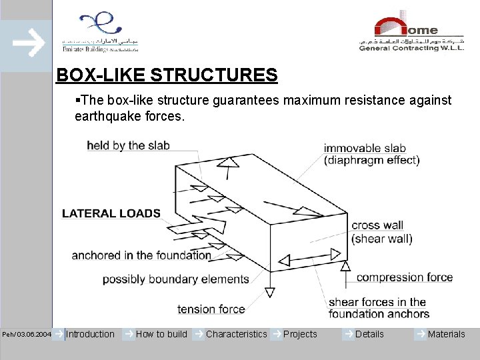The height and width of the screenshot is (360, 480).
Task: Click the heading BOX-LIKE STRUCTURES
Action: (x=167, y=75)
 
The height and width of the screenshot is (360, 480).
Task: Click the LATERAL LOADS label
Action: (x=111, y=213)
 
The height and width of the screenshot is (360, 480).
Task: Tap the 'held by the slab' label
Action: (x=128, y=145)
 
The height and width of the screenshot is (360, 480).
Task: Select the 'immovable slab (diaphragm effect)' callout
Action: (x=371, y=154)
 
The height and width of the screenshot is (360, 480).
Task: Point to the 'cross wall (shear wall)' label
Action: (x=382, y=232)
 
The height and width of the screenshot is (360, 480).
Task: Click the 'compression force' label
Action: (x=405, y=277)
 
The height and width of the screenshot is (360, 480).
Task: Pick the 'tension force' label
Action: (x=211, y=309)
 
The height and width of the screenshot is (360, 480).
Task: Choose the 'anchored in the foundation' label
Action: (x=141, y=255)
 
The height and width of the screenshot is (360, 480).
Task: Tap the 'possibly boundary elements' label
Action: (x=175, y=279)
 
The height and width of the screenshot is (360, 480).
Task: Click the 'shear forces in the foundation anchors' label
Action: (x=379, y=308)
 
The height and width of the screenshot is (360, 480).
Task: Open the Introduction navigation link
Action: (x=90, y=334)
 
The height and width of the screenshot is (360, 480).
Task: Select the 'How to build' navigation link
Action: (x=161, y=334)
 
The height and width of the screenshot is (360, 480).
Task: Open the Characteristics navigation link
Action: (x=236, y=334)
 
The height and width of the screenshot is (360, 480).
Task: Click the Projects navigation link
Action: (x=300, y=334)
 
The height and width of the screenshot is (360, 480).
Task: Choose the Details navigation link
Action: (x=369, y=334)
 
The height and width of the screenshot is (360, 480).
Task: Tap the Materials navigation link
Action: (x=446, y=334)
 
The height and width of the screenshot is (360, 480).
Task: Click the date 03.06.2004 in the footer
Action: (x=33, y=334)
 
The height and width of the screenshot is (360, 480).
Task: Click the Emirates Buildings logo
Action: (x=100, y=31)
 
